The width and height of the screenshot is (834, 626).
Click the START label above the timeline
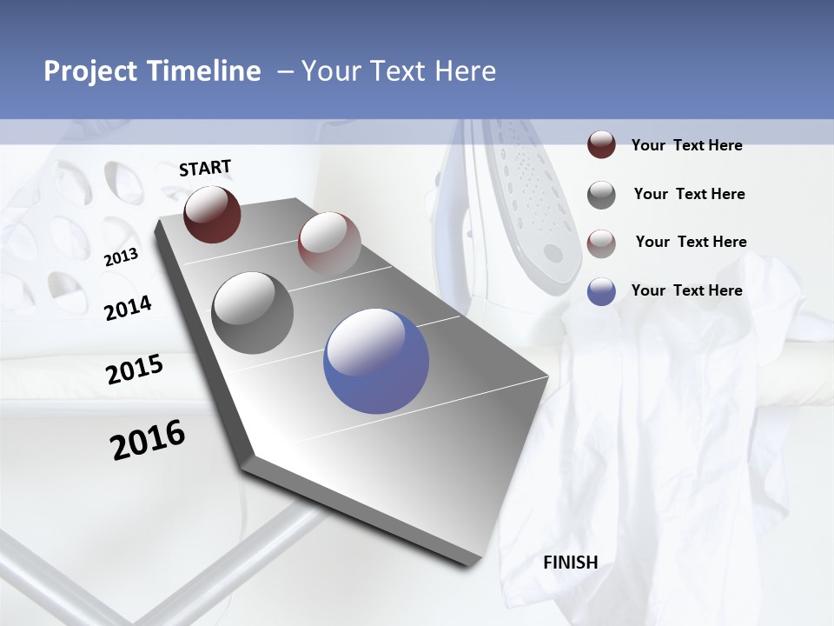[205, 168]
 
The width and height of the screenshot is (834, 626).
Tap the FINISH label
[570, 563]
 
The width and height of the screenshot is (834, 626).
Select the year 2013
[121, 257]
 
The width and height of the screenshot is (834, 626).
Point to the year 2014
[128, 308]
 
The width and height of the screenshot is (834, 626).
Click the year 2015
[134, 370]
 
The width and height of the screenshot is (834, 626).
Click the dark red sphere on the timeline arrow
[212, 214]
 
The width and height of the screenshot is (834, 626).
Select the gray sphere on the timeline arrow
[253, 313]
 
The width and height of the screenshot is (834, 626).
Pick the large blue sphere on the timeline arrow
[376, 361]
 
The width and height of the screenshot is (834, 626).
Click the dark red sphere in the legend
[601, 145]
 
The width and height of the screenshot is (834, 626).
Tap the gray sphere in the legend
[601, 195]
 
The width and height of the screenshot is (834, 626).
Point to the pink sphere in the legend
[601, 243]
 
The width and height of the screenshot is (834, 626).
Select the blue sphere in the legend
[601, 291]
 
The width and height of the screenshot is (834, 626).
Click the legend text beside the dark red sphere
[686, 145]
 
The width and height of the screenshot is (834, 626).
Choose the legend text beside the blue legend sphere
[686, 290]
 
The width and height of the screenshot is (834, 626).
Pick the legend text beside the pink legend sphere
[691, 242]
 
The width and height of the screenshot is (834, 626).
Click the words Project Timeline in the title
[152, 71]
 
